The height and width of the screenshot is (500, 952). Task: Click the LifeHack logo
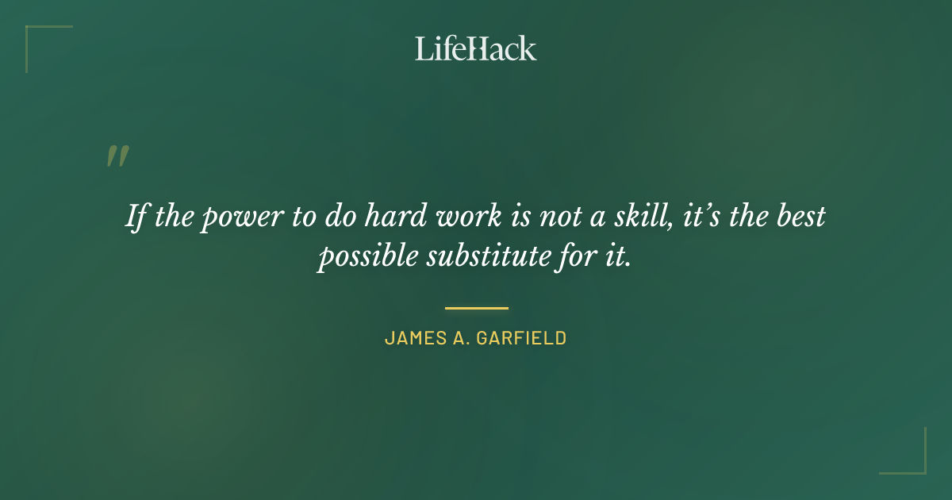[476, 48]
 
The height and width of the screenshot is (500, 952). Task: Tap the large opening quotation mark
[117, 156]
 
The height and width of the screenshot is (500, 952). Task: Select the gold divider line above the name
[476, 308]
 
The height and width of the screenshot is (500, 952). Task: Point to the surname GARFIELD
[521, 338]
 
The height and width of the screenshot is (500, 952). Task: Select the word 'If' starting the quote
[136, 217]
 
